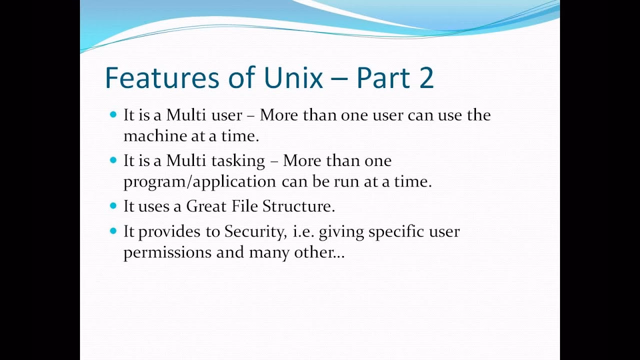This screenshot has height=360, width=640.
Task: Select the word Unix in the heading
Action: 292,78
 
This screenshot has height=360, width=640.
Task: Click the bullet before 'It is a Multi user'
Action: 112,115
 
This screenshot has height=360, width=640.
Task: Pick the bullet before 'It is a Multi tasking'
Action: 112,160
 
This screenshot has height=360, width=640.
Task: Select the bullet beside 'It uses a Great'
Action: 112,205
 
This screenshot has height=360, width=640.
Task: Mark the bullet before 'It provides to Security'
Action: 112,231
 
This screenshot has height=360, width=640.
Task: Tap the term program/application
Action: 199,182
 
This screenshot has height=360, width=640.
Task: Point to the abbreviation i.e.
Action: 302,231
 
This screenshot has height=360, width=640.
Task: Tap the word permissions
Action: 167,253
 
